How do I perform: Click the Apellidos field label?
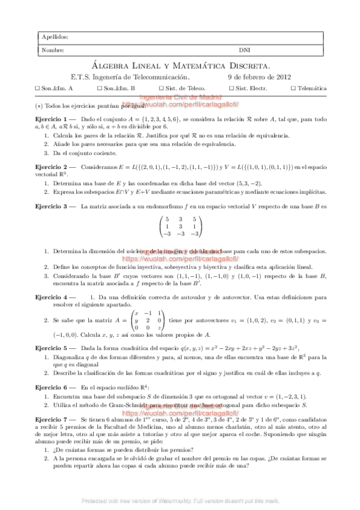[x=55, y=37]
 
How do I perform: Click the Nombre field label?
[x=53, y=50]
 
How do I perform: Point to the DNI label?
[x=245, y=50]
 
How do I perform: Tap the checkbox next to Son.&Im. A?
[x=38, y=88]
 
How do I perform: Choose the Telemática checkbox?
[x=293, y=88]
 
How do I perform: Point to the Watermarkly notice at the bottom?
[x=180, y=500]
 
